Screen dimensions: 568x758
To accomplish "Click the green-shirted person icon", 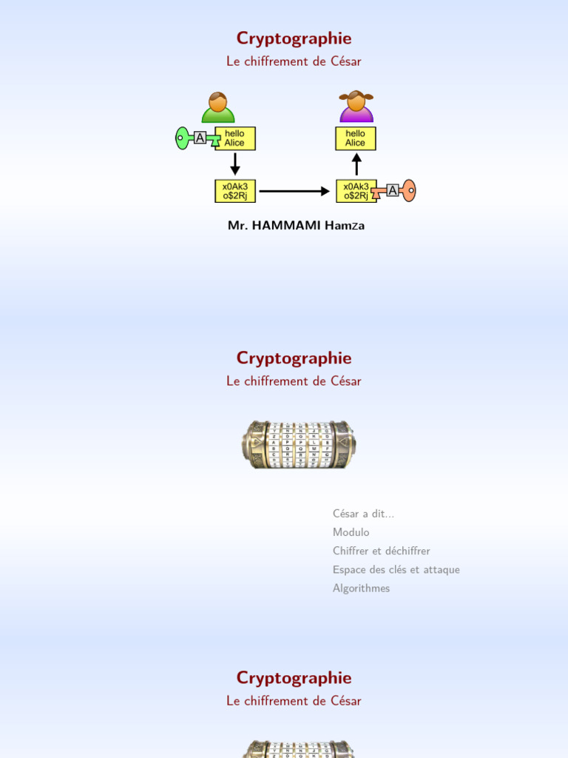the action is (218, 108).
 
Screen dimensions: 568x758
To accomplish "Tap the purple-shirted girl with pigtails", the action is (356, 107).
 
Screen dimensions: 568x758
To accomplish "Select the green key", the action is (183, 138).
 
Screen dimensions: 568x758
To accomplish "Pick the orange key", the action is (408, 191).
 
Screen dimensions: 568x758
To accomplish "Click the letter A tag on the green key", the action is (200, 138).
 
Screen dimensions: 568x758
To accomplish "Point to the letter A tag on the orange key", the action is (392, 190).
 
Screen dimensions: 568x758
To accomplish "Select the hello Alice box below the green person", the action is (234, 138).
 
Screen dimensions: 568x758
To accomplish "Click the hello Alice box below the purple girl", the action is (356, 138).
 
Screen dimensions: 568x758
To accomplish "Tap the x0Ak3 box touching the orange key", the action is (356, 191).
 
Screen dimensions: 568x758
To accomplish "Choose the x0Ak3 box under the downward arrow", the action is (234, 191).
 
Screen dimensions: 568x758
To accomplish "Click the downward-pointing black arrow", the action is (235, 164).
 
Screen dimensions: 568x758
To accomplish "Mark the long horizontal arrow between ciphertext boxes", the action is (294, 191).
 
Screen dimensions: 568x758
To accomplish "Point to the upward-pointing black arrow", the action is (356, 164).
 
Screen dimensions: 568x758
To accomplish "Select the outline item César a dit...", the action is (363, 514).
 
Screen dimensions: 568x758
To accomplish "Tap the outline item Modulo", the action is (351, 532).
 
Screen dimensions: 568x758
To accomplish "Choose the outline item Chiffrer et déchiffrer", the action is (381, 551).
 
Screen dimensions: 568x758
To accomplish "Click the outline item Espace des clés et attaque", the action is (396, 569).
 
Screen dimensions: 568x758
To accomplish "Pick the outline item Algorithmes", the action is (361, 588).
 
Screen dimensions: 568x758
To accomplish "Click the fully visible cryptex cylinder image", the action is (299, 444).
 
